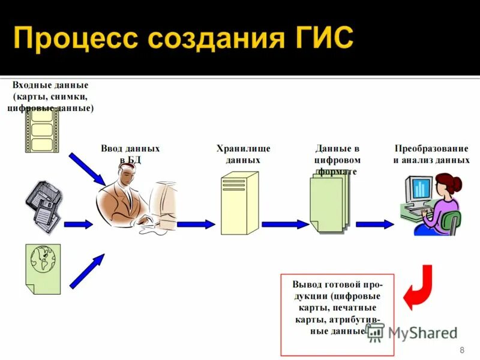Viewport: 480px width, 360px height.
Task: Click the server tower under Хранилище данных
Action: (239, 203)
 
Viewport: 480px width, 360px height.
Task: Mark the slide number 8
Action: (461, 350)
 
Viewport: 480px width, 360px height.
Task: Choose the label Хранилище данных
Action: (243, 154)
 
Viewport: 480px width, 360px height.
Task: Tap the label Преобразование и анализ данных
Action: (431, 154)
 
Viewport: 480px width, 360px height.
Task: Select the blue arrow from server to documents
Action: (284, 224)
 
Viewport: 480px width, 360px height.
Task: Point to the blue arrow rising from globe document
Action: (86, 271)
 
